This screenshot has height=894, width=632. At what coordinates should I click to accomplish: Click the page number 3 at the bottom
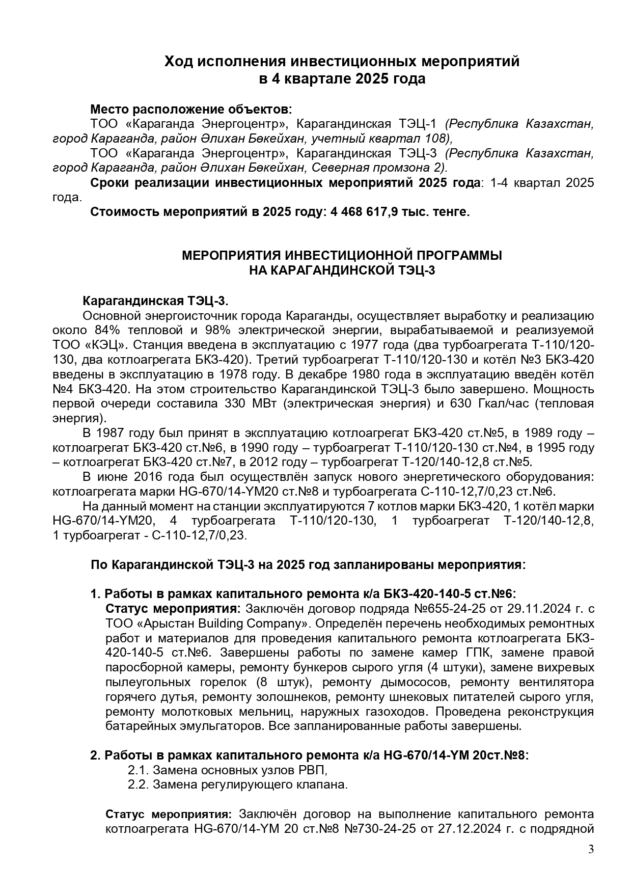(591, 849)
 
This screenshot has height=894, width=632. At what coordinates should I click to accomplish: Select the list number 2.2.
(138, 785)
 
